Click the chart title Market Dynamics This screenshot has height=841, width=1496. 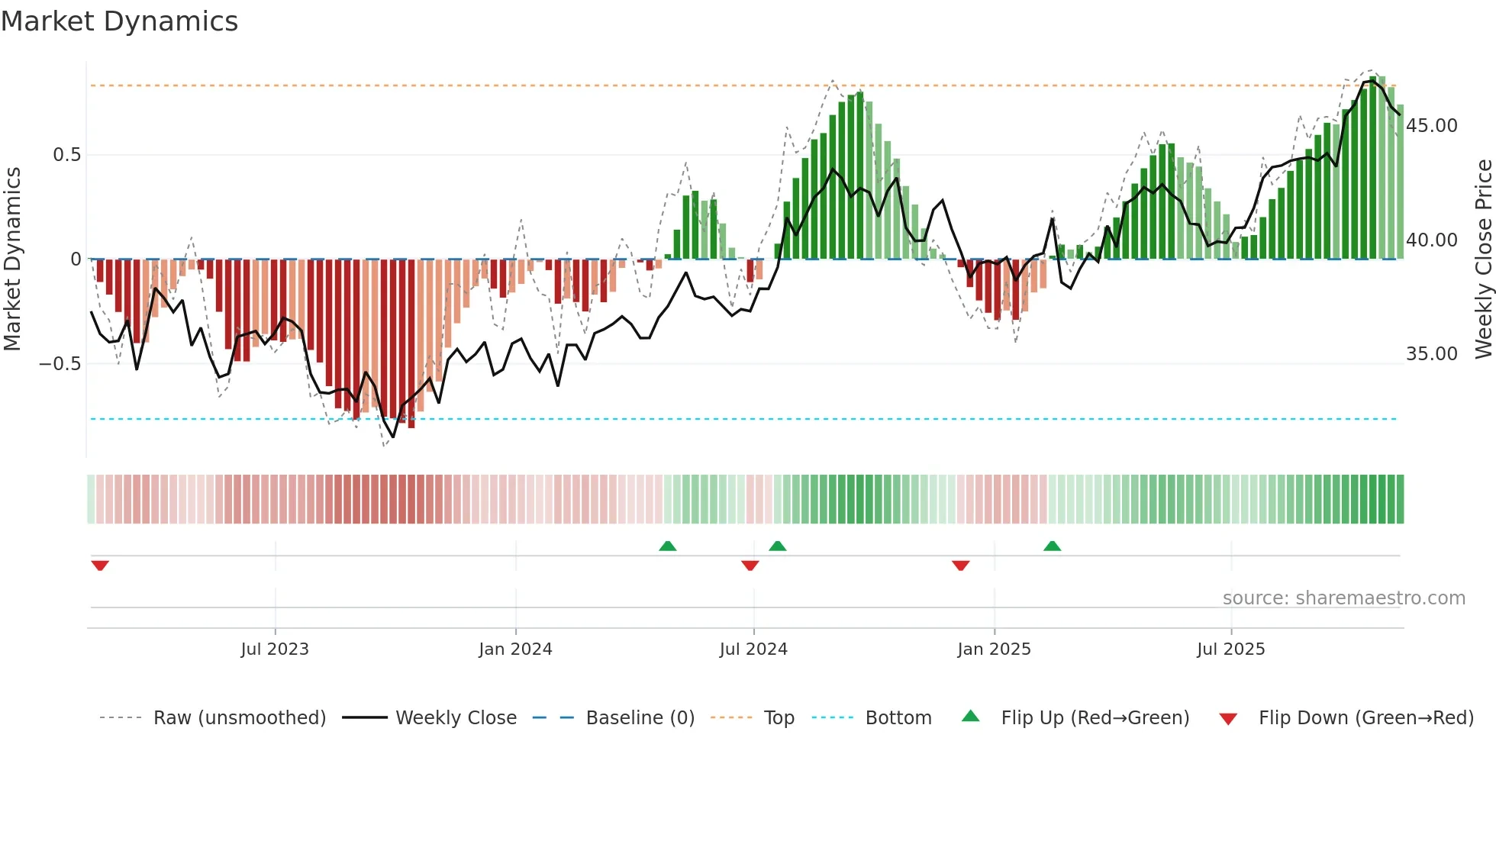tap(119, 21)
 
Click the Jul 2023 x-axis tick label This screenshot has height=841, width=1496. tap(275, 649)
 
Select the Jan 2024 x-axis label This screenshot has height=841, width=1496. tap(515, 649)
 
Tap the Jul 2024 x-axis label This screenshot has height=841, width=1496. tap(753, 649)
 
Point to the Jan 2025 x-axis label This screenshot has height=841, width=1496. tap(994, 649)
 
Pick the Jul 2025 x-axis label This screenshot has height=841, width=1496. tap(1230, 649)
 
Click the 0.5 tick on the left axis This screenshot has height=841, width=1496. tap(66, 155)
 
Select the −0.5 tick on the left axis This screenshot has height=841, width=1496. tap(60, 364)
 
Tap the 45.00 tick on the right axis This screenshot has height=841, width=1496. tap(1432, 126)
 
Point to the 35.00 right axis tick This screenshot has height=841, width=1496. tap(1432, 354)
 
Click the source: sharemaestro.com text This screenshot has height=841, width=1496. tap(1343, 598)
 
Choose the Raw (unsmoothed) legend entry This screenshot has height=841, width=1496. tap(239, 718)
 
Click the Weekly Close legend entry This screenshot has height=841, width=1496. tap(456, 718)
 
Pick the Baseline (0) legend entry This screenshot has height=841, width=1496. tap(640, 718)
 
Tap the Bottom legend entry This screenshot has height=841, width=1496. tap(898, 718)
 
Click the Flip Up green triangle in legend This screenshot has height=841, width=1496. tap(970, 717)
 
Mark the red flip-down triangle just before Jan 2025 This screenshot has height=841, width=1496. tap(960, 565)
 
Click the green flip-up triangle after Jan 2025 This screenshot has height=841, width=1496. tap(1052, 546)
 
